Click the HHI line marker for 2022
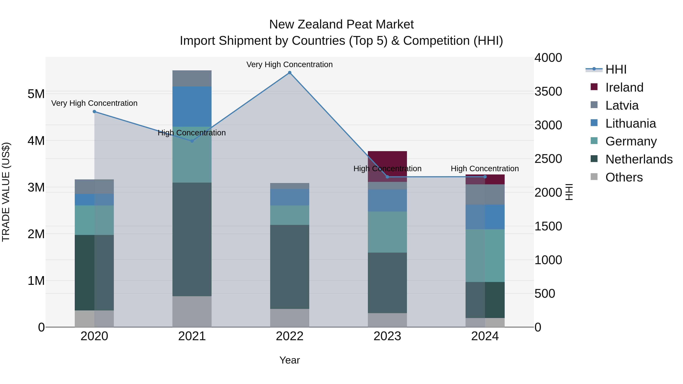(x=290, y=73)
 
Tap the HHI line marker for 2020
(x=94, y=112)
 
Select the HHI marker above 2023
(x=387, y=177)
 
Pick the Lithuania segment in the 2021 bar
(x=192, y=107)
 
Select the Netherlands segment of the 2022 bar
(x=290, y=267)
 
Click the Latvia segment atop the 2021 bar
(x=192, y=79)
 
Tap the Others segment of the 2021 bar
(x=192, y=311)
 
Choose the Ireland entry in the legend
(x=624, y=87)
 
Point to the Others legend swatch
(x=594, y=177)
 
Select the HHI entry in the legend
(x=616, y=69)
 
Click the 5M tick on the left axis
(x=36, y=94)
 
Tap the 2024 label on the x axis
(x=485, y=336)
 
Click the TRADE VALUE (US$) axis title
(x=6, y=192)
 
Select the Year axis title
(x=290, y=360)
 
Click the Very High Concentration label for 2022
(x=290, y=64)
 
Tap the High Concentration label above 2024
(x=485, y=169)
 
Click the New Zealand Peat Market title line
(x=341, y=24)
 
